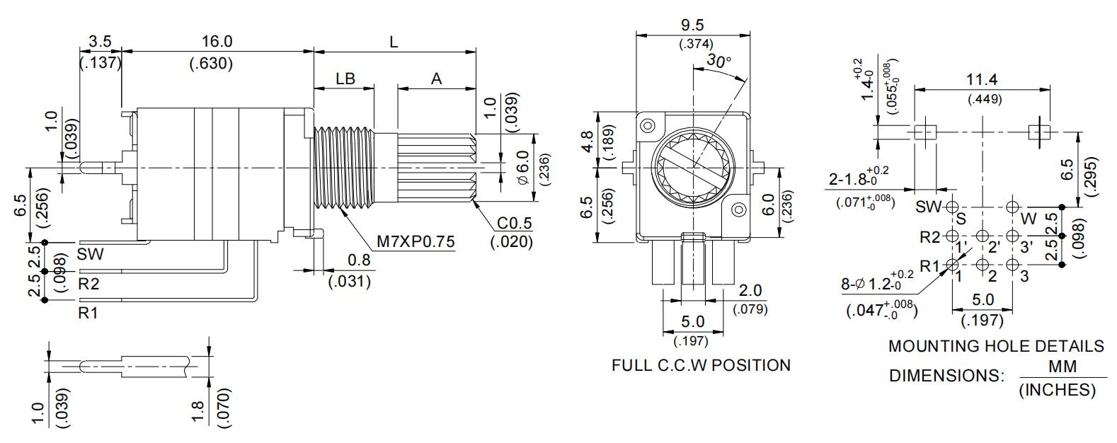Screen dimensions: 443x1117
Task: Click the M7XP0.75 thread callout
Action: pyautogui.click(x=415, y=241)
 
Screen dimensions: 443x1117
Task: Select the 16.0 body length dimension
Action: pyautogui.click(x=217, y=42)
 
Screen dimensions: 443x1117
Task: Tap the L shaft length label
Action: pyautogui.click(x=394, y=42)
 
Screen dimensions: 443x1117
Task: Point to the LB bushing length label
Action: pyautogui.click(x=345, y=79)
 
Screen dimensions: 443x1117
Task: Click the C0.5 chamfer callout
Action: pyautogui.click(x=514, y=223)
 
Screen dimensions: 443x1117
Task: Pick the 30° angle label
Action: pyautogui.click(x=718, y=62)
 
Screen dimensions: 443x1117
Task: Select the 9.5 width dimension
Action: pyautogui.click(x=692, y=25)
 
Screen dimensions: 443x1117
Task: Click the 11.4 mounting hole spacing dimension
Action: pyautogui.click(x=982, y=79)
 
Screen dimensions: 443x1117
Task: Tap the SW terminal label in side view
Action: pyautogui.click(x=90, y=254)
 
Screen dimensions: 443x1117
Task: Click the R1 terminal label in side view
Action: pyautogui.click(x=88, y=312)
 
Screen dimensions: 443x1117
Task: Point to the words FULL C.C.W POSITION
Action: pyautogui.click(x=701, y=365)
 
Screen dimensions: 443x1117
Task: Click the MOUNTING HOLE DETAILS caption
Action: pyautogui.click(x=996, y=346)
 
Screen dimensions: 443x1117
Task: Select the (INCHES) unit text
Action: pyautogui.click(x=1057, y=390)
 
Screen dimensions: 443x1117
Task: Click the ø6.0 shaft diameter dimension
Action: pyautogui.click(x=523, y=168)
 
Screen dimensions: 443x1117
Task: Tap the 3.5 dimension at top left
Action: pyautogui.click(x=100, y=42)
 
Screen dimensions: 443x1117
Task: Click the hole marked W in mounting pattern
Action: pyautogui.click(x=1013, y=207)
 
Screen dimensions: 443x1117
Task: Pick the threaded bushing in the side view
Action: pyautogui.click(x=343, y=168)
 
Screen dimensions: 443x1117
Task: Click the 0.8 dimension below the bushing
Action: pyautogui.click(x=359, y=260)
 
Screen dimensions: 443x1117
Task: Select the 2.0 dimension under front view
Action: pyautogui.click(x=750, y=290)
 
